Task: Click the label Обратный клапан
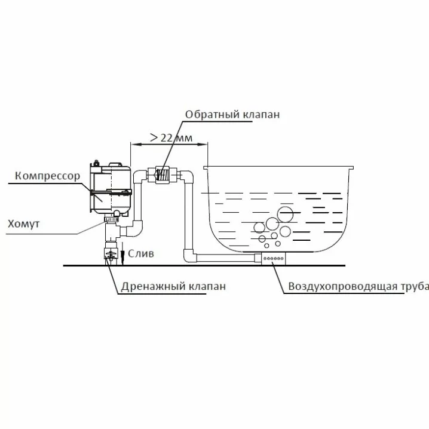click(x=232, y=115)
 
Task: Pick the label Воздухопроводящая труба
click(x=358, y=286)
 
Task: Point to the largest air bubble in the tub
click(x=285, y=213)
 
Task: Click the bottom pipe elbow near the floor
click(x=189, y=257)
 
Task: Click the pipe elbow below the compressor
click(x=136, y=228)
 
